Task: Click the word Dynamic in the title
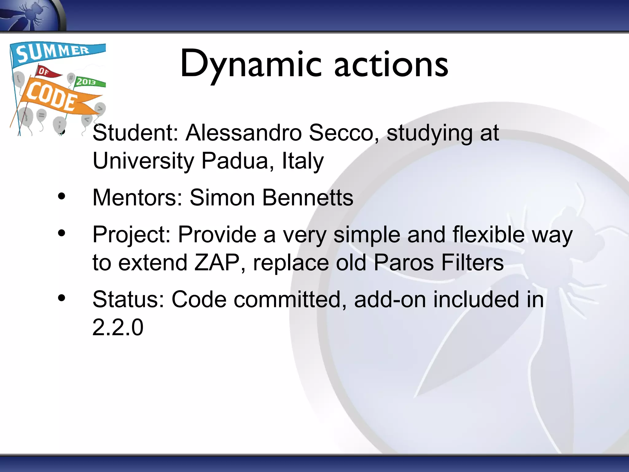click(x=250, y=65)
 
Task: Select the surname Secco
click(x=341, y=133)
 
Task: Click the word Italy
click(x=303, y=161)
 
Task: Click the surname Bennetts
click(x=307, y=198)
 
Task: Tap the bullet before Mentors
click(x=62, y=197)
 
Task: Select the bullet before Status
click(x=62, y=298)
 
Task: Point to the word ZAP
click(x=217, y=263)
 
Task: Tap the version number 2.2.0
click(x=118, y=327)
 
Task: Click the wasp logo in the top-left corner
click(x=31, y=15)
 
